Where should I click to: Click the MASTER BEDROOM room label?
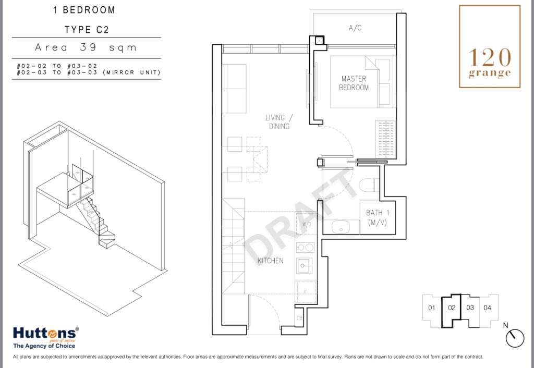(354, 83)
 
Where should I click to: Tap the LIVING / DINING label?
(279, 122)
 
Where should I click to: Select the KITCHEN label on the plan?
(271, 261)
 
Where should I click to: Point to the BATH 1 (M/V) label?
(378, 218)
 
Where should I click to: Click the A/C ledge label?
(355, 28)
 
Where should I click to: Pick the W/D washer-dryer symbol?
(307, 224)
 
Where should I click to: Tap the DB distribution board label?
(299, 318)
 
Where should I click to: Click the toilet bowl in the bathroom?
(369, 186)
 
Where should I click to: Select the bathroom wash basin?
(341, 227)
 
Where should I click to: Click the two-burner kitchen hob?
(306, 248)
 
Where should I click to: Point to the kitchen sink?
(305, 265)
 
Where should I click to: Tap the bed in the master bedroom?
(361, 82)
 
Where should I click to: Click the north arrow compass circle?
(515, 338)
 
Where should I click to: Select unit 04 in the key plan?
(488, 308)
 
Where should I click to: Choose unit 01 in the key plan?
(432, 308)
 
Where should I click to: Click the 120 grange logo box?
(490, 46)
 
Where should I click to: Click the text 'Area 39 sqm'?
(86, 47)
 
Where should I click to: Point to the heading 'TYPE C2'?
(87, 30)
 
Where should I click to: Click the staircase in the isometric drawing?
(95, 222)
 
